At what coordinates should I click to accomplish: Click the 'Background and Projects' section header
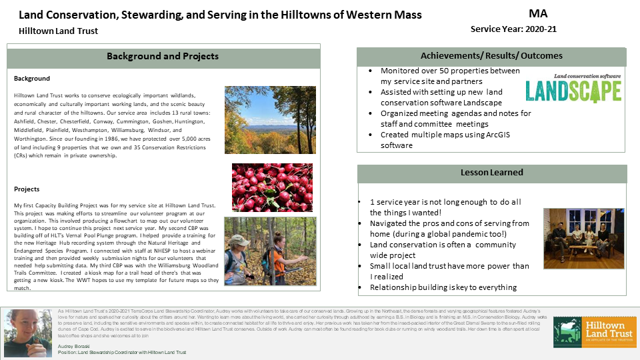coord(163,57)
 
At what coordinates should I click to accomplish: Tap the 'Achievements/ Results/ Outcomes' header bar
coord(491,56)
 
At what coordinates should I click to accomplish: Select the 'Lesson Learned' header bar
coord(491,173)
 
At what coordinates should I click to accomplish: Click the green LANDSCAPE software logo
coord(573,89)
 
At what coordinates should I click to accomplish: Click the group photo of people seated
coord(583,239)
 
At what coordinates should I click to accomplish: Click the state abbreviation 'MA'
coord(539,13)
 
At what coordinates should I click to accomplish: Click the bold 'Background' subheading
coord(32,79)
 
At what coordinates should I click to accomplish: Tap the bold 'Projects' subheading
coord(27,189)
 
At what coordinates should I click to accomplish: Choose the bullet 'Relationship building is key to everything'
coord(443,287)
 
